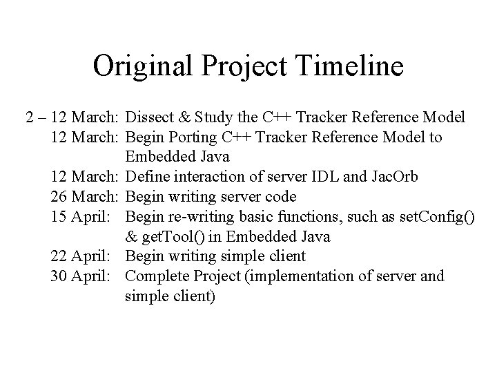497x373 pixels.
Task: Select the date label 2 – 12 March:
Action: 75,117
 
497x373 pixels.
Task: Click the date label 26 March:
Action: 86,197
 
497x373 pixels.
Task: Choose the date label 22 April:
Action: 85,256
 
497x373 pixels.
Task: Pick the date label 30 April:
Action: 85,276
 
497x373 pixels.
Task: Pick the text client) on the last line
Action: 191,296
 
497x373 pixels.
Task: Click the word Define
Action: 148,178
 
